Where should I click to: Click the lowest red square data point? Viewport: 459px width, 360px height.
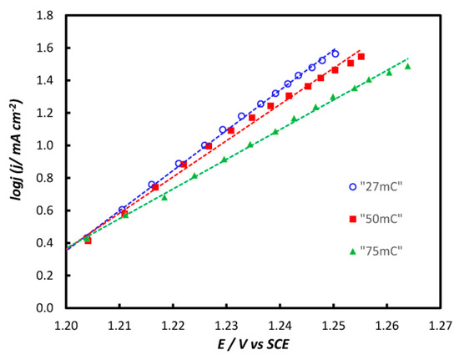point(88,241)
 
